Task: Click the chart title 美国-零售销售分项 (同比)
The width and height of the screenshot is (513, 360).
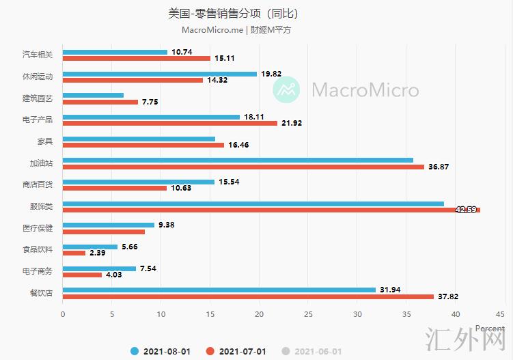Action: pos(233,13)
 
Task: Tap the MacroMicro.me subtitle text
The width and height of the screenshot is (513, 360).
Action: pos(212,30)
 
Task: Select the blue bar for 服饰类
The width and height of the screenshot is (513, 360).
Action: pos(253,204)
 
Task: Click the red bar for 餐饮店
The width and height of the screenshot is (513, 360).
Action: pos(249,296)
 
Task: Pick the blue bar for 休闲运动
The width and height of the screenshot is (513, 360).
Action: pos(160,74)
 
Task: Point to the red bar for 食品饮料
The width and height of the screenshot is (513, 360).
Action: pos(74,253)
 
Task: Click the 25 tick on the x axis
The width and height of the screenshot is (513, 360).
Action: pos(308,315)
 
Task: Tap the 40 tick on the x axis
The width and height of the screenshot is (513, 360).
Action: pos(456,315)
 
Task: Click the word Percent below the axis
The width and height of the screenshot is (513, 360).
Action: pos(490,329)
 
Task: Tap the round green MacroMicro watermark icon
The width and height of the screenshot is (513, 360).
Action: pos(287,89)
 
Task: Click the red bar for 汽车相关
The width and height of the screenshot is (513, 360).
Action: pos(137,58)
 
